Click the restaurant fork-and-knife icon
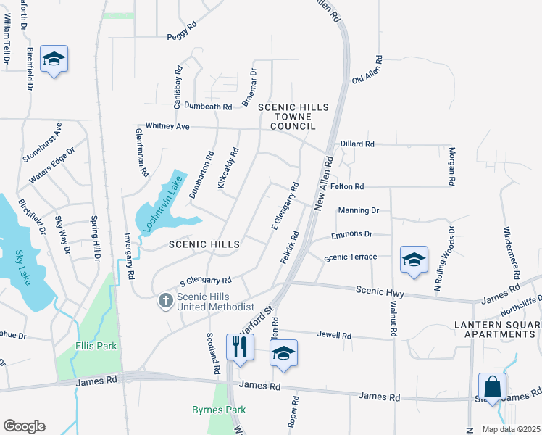240,346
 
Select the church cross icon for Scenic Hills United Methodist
165,299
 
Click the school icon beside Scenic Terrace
414,260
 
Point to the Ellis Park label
96,346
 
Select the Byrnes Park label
218,410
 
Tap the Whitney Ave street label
167,126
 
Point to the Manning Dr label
359,210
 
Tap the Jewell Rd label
334,336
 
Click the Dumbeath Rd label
208,106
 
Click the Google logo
24,426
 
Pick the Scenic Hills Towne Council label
293,117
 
